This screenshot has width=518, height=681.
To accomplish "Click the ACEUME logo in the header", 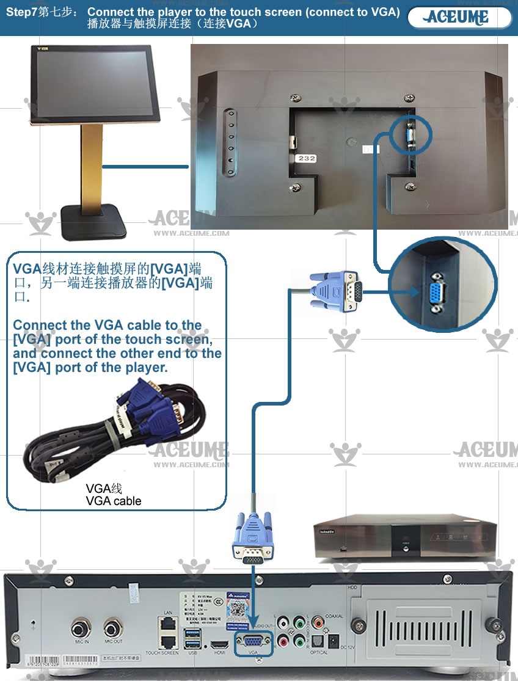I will tap(458, 17).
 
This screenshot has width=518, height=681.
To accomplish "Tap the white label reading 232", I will tap(306, 158).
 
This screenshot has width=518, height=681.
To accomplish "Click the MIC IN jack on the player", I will tap(82, 628).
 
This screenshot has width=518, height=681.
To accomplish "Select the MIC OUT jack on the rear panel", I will tap(113, 628).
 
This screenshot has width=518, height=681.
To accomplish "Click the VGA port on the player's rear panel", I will tap(255, 642).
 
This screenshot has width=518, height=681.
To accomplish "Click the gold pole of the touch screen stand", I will tap(92, 165).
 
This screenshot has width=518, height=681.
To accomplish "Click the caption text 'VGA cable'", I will tap(114, 501).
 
